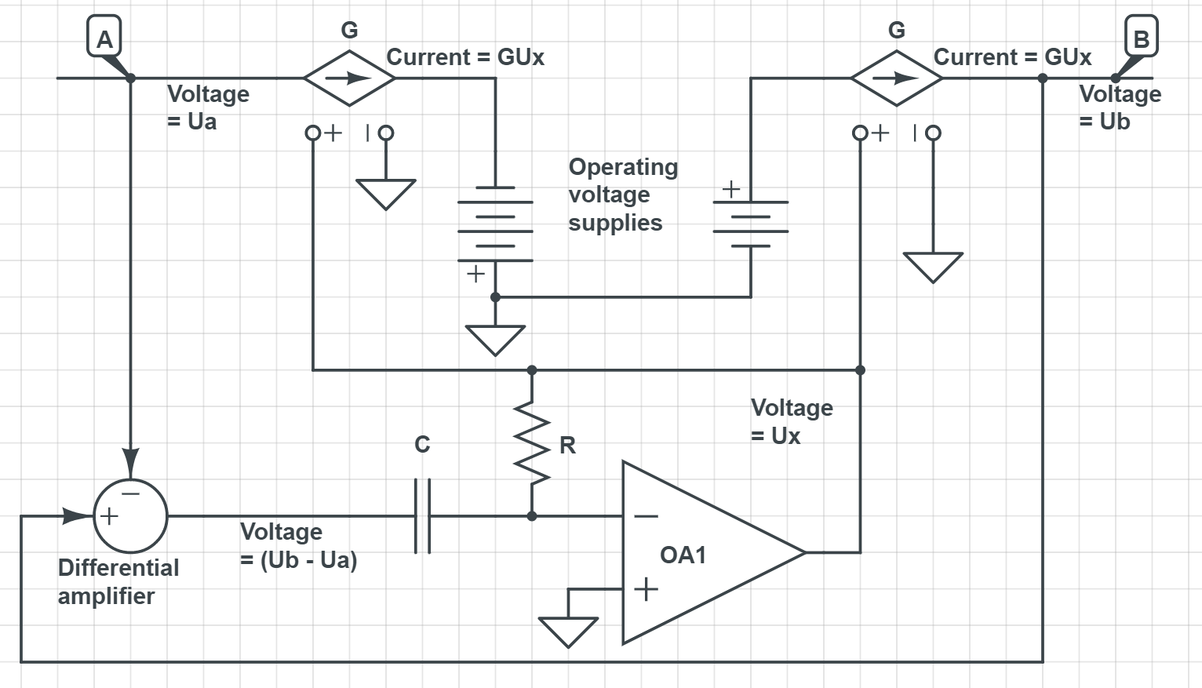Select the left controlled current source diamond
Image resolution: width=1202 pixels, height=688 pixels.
tap(349, 78)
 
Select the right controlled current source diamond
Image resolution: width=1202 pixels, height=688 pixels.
tap(896, 78)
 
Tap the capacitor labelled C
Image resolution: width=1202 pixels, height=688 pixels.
tap(422, 516)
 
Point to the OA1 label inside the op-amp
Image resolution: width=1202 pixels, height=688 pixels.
tap(683, 555)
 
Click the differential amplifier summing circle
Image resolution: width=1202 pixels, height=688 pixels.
tap(130, 516)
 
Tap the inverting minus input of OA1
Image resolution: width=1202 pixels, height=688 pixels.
tap(646, 516)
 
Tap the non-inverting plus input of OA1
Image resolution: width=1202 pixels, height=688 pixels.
tap(646, 588)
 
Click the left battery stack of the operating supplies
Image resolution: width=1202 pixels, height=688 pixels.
tap(495, 224)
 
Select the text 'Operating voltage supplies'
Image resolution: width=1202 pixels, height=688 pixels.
tap(623, 195)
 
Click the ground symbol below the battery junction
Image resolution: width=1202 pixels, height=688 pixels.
tap(495, 340)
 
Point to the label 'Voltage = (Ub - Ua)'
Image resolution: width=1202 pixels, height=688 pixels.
tap(298, 546)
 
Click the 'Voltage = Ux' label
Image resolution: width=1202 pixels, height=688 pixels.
tap(791, 421)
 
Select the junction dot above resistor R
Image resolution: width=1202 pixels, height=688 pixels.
tap(532, 369)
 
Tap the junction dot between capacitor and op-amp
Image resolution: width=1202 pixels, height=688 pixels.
tap(532, 516)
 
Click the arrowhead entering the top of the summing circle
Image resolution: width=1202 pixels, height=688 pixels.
tap(130, 461)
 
